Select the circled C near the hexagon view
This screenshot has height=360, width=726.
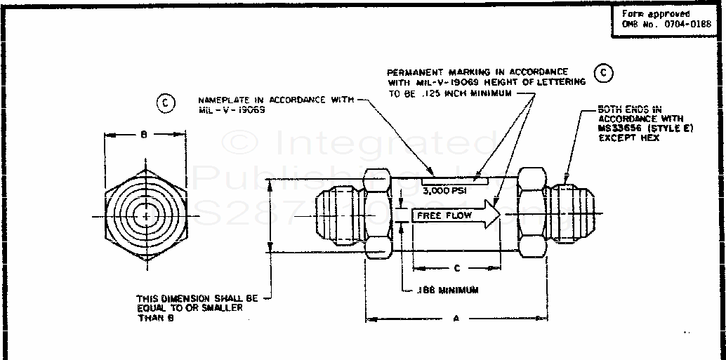(x=164, y=103)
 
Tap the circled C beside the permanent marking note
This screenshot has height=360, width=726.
(x=602, y=74)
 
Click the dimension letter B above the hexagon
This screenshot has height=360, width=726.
(x=144, y=134)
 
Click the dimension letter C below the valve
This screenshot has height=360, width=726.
(x=457, y=267)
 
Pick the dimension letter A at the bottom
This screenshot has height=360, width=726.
(x=456, y=319)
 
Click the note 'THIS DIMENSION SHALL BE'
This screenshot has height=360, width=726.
(x=197, y=298)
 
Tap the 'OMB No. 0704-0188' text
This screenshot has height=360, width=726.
(x=666, y=24)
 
